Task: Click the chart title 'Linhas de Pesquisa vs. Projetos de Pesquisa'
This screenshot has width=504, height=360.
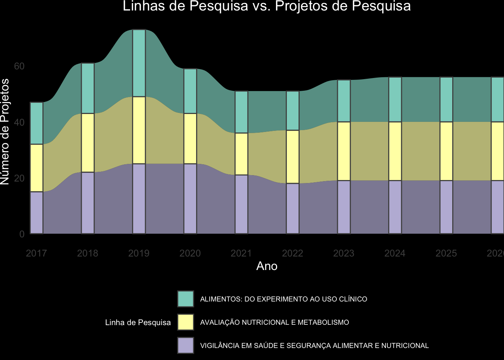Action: (267, 6)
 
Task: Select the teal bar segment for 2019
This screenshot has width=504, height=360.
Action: (139, 63)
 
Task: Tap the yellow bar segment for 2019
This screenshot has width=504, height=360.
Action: (139, 130)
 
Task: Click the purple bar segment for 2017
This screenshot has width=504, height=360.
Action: (36, 213)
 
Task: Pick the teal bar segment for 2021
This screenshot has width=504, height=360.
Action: (241, 112)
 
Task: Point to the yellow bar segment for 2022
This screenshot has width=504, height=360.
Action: (292, 157)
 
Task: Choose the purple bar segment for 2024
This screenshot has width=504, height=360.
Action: (395, 207)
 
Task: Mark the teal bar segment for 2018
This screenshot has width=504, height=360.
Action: (88, 88)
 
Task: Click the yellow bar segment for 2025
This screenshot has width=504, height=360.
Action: (446, 151)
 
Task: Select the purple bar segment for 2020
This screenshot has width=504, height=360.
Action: (190, 199)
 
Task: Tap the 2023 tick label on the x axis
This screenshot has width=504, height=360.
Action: (343, 253)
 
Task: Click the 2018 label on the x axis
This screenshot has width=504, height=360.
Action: (88, 253)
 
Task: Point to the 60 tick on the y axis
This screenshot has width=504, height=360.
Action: (19, 66)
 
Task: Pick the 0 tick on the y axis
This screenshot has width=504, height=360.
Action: (22, 234)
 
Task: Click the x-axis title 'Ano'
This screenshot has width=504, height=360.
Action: (267, 266)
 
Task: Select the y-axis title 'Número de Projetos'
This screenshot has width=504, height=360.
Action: (5, 132)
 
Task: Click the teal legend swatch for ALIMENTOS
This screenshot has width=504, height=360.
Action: (186, 299)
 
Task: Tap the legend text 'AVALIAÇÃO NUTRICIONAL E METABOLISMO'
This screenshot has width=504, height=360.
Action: (274, 322)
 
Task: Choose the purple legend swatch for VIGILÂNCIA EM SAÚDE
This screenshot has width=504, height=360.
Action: (186, 345)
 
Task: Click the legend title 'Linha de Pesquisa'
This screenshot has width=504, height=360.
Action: (138, 322)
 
